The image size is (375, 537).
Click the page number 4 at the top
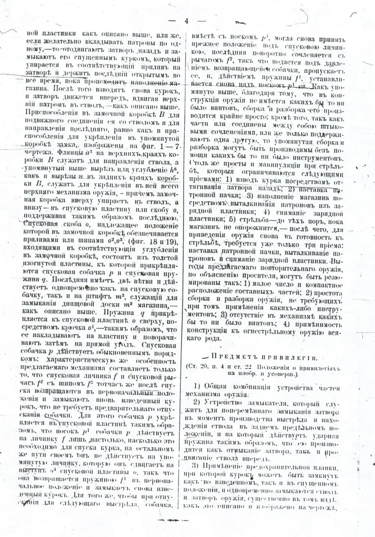[x=186, y=21]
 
